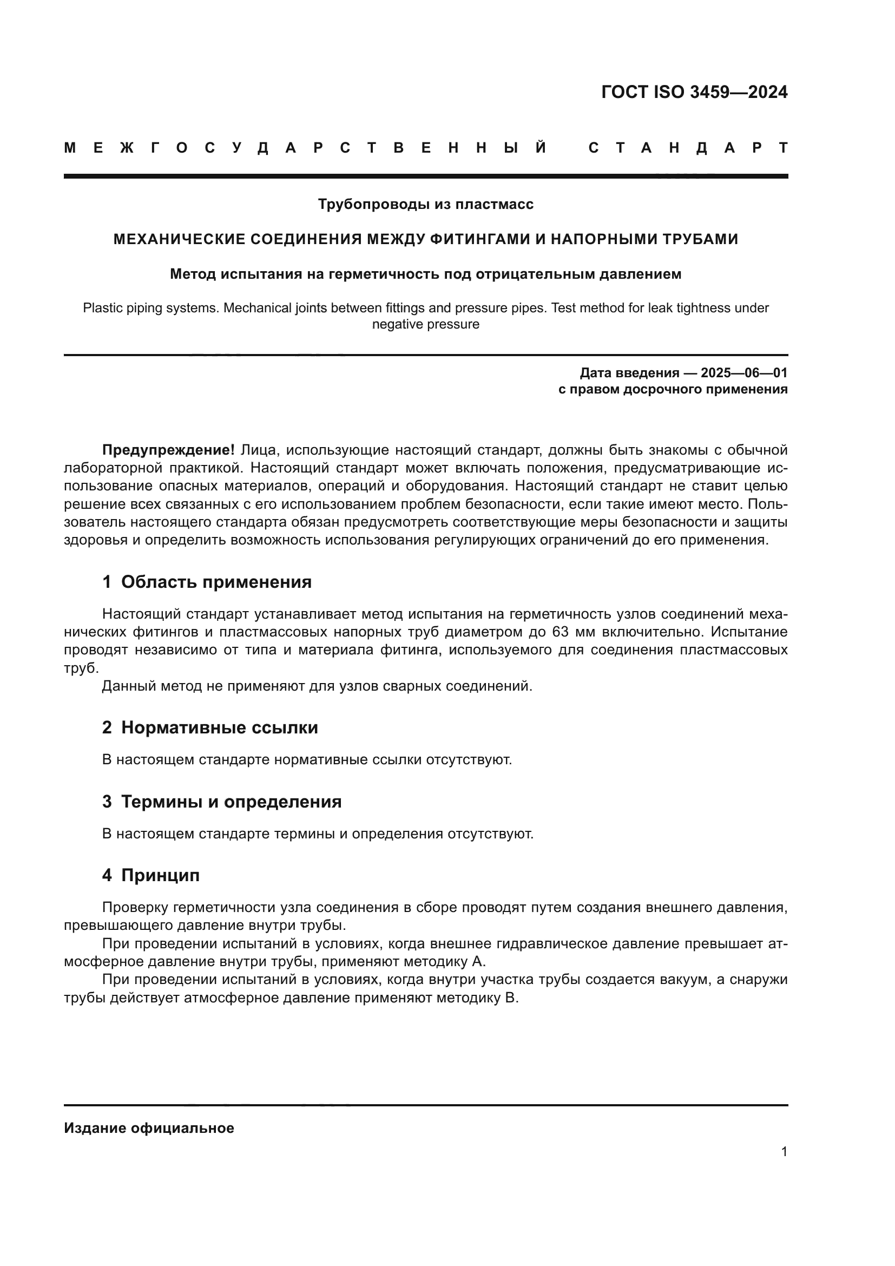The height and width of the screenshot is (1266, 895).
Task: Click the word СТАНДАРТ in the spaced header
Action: (688, 148)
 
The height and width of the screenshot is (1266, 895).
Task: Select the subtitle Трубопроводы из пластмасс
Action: (425, 205)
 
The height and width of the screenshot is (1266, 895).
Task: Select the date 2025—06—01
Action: (744, 373)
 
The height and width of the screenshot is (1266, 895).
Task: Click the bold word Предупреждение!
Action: (169, 450)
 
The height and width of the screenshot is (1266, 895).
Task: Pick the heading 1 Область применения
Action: (207, 582)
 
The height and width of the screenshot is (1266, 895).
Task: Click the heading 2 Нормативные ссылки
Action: (210, 727)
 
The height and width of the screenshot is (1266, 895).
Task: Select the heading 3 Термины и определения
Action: (221, 801)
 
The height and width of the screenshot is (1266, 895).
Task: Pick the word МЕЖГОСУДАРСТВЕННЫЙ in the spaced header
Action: (305, 148)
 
